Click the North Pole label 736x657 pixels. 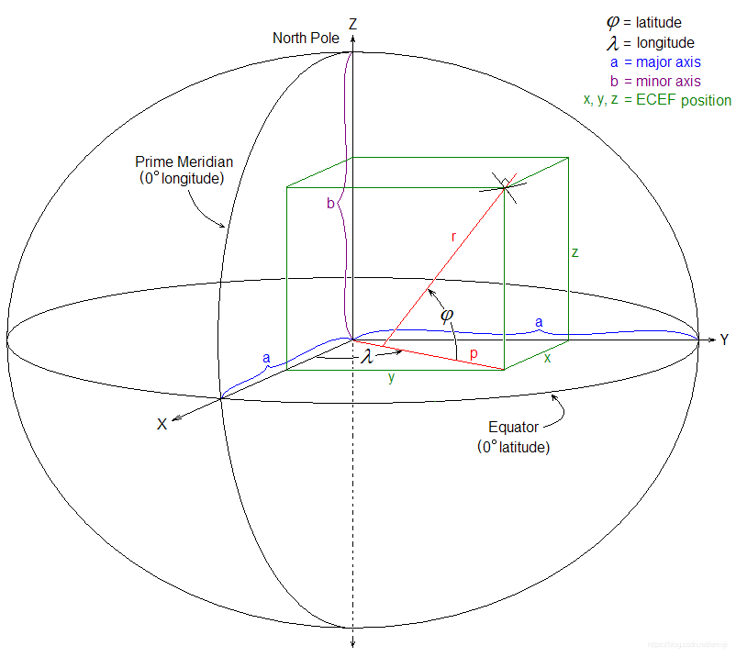point(306,38)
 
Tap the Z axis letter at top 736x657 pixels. point(352,21)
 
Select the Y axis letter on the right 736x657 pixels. point(724,340)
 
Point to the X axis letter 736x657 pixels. point(162,424)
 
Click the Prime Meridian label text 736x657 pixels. point(179,161)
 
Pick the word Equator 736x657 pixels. point(514,428)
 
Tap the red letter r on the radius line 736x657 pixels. point(453,237)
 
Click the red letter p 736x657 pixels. point(474,352)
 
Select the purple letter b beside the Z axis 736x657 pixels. point(330,204)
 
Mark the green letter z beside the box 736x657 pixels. point(574,251)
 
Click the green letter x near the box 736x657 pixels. point(548,358)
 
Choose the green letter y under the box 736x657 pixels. point(391,377)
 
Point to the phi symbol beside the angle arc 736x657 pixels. point(447,315)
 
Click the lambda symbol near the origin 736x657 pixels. point(367,355)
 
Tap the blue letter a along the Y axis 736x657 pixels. point(539,322)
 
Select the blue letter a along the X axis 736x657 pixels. point(266,357)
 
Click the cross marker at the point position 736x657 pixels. point(506,188)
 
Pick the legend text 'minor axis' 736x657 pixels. point(667,81)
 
